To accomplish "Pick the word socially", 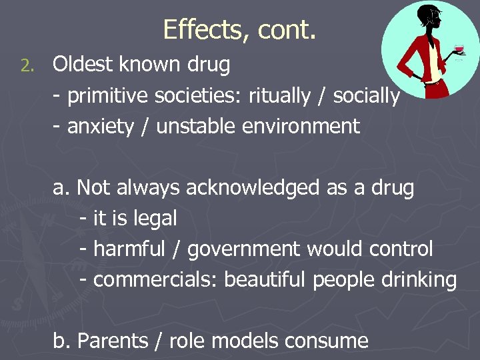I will click(x=366, y=96).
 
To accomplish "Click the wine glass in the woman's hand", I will click(x=458, y=49).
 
